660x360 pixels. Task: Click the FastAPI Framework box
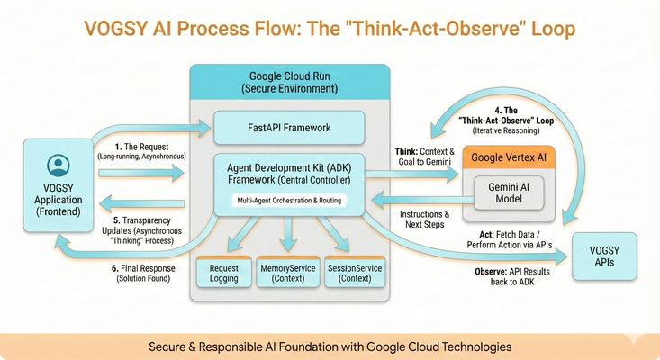[289, 128]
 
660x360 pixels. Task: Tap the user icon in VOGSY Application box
[59, 165]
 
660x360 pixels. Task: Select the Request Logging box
[223, 273]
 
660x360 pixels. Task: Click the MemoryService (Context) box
[288, 273]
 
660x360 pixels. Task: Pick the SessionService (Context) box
[354, 273]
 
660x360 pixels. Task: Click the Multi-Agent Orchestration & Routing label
[288, 200]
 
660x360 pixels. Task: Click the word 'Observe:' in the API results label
[494, 271]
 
